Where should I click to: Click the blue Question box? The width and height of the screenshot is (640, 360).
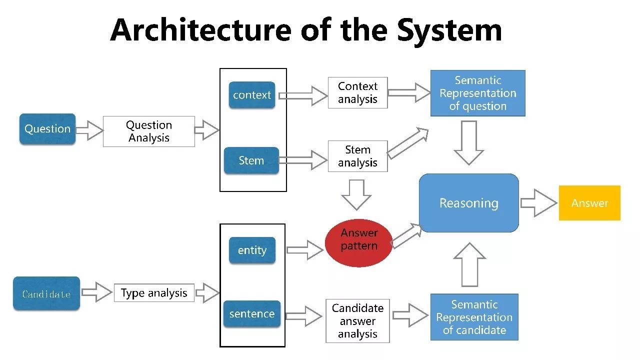(47, 129)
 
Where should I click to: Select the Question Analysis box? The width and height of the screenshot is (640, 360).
(149, 131)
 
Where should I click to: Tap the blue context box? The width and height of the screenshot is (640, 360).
(252, 95)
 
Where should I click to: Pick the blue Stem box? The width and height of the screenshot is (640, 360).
(251, 160)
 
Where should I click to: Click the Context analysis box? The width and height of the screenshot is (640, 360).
(357, 92)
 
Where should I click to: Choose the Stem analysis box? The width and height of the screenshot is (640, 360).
(357, 156)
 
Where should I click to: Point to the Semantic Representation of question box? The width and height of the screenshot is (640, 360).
(477, 93)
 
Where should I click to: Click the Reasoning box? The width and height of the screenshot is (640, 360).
(469, 203)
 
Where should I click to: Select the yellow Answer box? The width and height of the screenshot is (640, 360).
(589, 203)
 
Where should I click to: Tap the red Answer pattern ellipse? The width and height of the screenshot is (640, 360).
(359, 243)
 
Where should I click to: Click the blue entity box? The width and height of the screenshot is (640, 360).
(252, 250)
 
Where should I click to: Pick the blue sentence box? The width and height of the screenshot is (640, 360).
(252, 313)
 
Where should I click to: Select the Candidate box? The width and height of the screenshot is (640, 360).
(46, 293)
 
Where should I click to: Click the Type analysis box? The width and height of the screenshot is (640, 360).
(154, 293)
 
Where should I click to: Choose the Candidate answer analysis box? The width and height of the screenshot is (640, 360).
(357, 321)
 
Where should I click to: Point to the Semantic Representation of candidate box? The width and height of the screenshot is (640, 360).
(474, 317)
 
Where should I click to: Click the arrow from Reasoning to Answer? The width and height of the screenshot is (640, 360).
(539, 203)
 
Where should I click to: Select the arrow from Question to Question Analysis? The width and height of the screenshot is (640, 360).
(89, 130)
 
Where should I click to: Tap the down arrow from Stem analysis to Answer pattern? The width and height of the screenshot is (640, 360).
(356, 195)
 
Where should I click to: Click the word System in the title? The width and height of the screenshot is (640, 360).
(449, 30)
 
